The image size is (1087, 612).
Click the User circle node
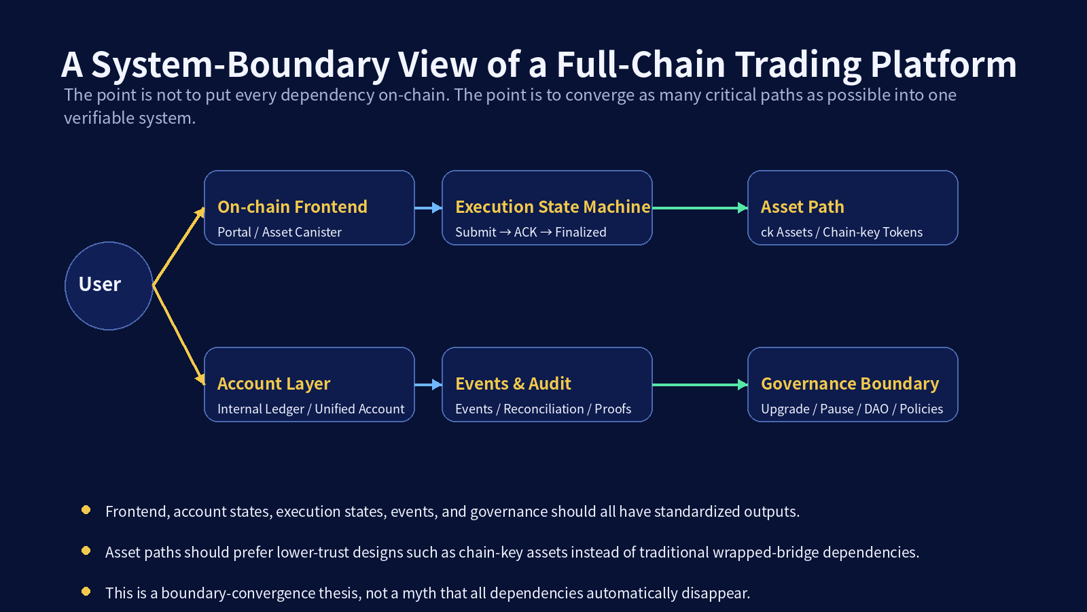pyautogui.click(x=109, y=286)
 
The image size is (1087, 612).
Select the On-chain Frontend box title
pyautogui.click(x=292, y=207)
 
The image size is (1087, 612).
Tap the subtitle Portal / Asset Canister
pyautogui.click(x=279, y=232)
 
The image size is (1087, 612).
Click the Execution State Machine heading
pyautogui.click(x=552, y=207)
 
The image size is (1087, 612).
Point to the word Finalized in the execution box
pyautogui.click(x=580, y=232)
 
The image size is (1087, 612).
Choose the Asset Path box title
pyautogui.click(x=802, y=207)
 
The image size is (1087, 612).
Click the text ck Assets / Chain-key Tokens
pyautogui.click(x=842, y=232)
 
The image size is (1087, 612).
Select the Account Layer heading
pyautogui.click(x=274, y=384)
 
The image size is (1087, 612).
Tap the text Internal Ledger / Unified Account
pyautogui.click(x=310, y=409)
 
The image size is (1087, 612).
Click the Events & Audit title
pyautogui.click(x=513, y=384)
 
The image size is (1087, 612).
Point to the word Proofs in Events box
pyautogui.click(x=613, y=409)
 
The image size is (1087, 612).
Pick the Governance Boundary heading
pyautogui.click(x=850, y=384)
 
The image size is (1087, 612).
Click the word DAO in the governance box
pyautogui.click(x=876, y=409)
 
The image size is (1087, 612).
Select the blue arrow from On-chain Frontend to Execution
pyautogui.click(x=428, y=208)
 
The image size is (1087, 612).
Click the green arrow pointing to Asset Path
pyautogui.click(x=700, y=208)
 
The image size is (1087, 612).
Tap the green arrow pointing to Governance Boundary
pyautogui.click(x=700, y=385)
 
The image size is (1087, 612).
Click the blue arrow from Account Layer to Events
pyautogui.click(x=428, y=385)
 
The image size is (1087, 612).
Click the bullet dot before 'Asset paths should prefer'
pyautogui.click(x=86, y=551)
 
